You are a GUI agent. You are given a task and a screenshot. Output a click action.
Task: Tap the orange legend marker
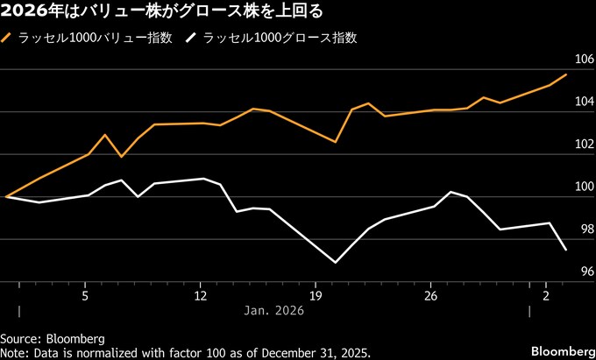point(8,39)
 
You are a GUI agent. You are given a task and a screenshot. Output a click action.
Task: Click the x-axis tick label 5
point(85,295)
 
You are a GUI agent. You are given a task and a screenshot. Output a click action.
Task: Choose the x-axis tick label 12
point(200,295)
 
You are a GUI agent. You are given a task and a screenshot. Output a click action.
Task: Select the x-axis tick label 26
point(430,295)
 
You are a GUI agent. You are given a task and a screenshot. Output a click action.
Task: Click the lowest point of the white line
point(336,262)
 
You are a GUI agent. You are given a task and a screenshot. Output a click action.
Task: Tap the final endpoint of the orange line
point(566,74)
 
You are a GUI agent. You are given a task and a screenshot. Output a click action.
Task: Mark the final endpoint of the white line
point(566,251)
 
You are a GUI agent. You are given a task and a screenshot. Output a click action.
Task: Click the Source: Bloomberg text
point(53,338)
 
